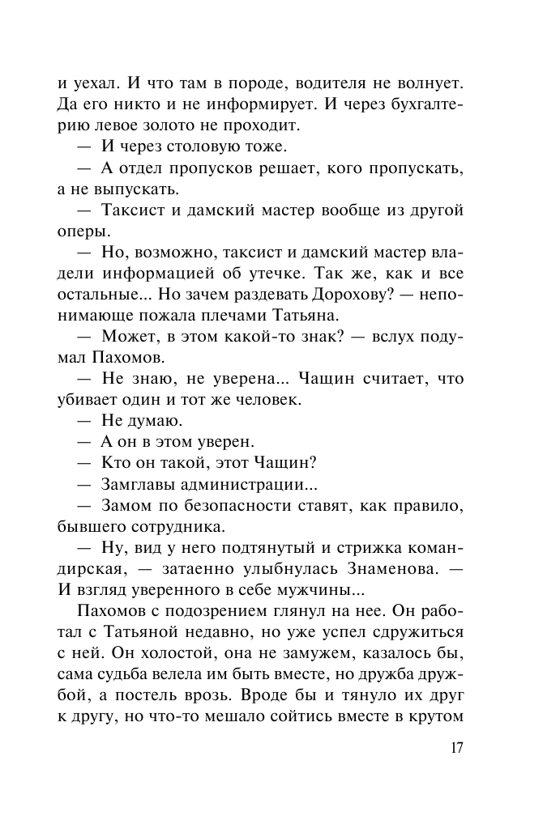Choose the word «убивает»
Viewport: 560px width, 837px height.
tap(93, 400)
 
